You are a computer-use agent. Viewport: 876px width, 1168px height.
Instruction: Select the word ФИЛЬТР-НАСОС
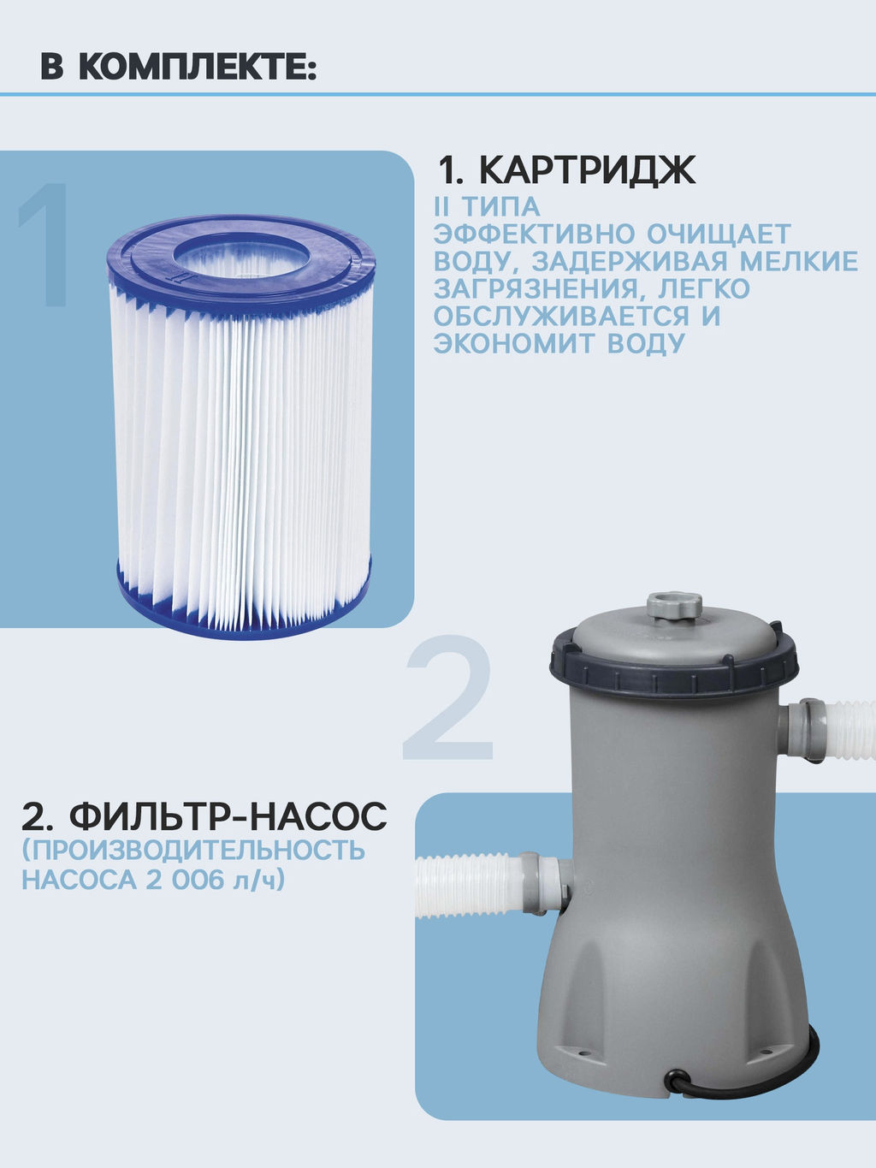pyautogui.click(x=228, y=816)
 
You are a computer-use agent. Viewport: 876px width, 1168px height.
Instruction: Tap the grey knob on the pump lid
pyautogui.click(x=674, y=605)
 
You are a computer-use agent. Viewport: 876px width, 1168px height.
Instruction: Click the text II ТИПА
pyautogui.click(x=487, y=206)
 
